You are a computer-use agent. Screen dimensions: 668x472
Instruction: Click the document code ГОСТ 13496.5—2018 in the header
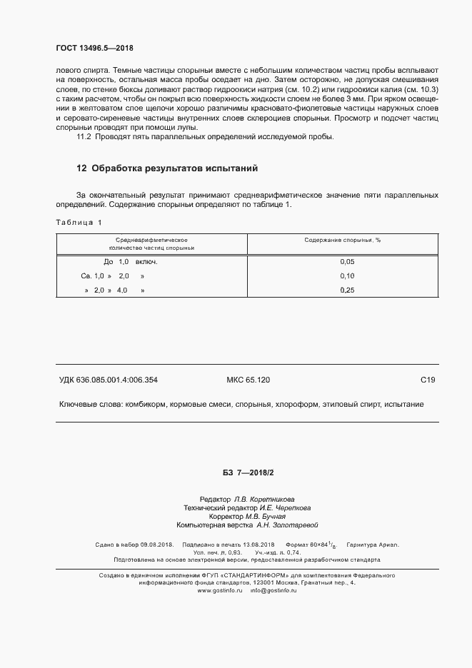(x=94, y=49)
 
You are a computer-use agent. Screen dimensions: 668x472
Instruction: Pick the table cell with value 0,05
(x=348, y=262)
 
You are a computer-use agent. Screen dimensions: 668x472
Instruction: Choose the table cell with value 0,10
(x=348, y=275)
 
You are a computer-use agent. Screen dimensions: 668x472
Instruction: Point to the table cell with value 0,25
(x=348, y=290)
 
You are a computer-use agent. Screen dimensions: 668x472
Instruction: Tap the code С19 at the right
(x=428, y=380)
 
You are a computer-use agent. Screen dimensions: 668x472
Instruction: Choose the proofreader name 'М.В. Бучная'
(x=267, y=516)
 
